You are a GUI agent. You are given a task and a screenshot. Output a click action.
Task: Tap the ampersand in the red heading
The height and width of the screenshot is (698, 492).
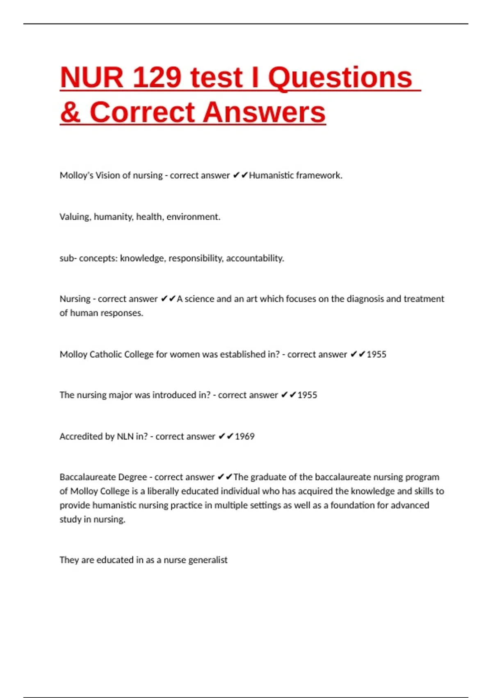click(71, 112)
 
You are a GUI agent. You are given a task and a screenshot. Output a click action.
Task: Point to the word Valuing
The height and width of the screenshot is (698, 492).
click(75, 217)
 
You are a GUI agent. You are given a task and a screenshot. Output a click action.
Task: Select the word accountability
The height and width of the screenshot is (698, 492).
click(255, 258)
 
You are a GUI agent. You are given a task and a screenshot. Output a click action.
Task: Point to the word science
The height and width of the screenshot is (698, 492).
click(199, 299)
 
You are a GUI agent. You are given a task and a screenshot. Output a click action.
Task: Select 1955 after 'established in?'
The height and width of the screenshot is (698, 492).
click(376, 354)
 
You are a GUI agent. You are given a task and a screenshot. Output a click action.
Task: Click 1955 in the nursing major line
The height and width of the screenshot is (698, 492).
click(307, 395)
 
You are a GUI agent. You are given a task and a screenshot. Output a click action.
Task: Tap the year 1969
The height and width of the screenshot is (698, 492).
click(244, 436)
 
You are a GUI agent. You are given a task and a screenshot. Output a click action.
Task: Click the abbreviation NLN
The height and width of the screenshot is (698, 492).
click(125, 436)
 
